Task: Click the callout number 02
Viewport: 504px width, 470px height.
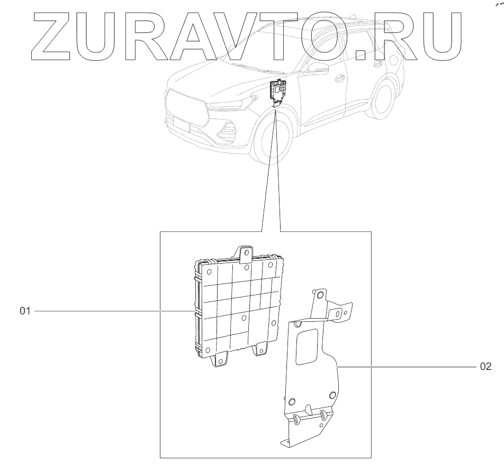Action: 485,366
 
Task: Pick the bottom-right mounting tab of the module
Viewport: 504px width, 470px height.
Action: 260,350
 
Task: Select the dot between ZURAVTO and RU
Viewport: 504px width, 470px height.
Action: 362,52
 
